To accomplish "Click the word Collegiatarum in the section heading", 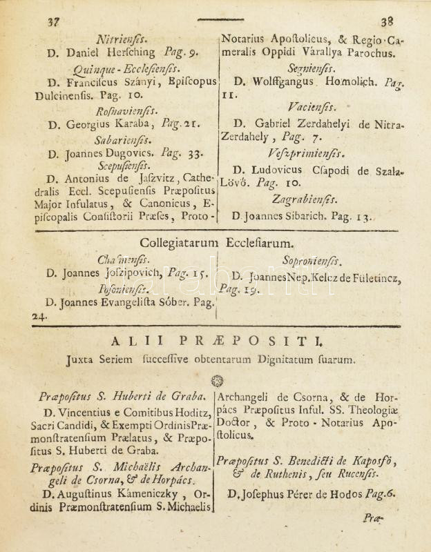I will [x=179, y=243].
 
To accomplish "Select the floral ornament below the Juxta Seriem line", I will [x=217, y=380].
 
